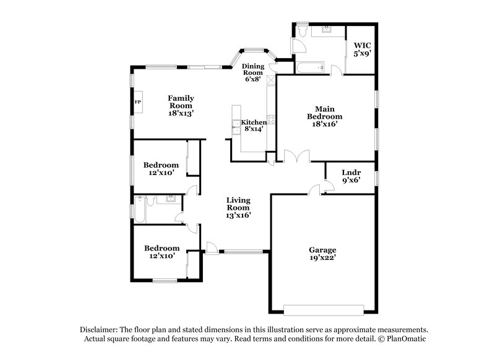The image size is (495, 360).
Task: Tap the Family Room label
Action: coord(181,106)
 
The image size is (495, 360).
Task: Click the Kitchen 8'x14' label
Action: coord(254,126)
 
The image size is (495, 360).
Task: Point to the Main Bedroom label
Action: coord(325,115)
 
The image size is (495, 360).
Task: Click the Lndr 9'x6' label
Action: coord(351,176)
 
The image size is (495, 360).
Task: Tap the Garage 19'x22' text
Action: coord(322,254)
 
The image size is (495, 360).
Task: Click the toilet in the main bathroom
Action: coord(303,29)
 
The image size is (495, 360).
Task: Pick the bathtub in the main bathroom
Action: coord(308,66)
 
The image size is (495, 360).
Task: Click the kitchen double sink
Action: coord(236,127)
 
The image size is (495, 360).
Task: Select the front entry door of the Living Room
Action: coord(212,247)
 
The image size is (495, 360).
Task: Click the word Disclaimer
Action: coord(100,330)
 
